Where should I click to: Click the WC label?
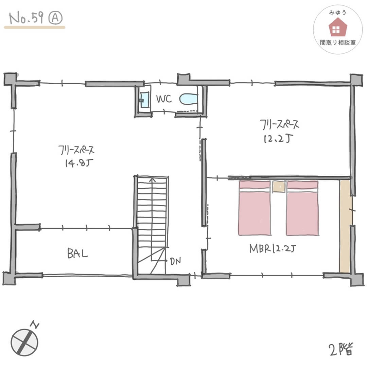(164, 99)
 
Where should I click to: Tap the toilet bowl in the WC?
(189, 99)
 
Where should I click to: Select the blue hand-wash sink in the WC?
(144, 100)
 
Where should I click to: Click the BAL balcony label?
(77, 253)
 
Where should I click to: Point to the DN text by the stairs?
(175, 261)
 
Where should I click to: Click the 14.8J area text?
(79, 163)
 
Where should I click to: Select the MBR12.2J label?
(273, 248)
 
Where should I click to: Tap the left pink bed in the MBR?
(255, 208)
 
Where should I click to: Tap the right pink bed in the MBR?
(302, 208)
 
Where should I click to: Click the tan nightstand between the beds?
(279, 187)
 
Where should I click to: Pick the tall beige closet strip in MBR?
(345, 226)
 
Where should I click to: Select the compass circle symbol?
(24, 343)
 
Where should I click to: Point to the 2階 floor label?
(341, 349)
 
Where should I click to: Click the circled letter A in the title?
(55, 18)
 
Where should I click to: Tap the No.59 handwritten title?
(26, 18)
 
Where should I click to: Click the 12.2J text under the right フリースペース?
(278, 139)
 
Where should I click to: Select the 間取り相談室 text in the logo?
(338, 42)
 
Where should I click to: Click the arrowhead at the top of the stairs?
(152, 179)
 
